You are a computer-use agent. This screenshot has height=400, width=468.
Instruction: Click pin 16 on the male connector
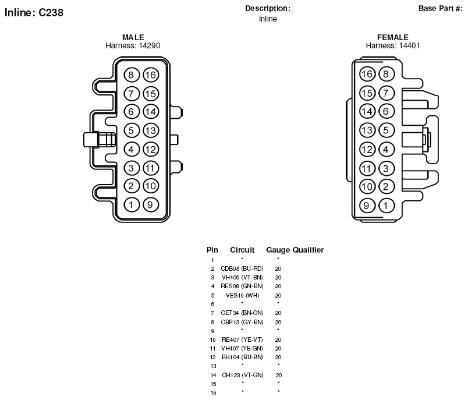pyautogui.click(x=151, y=75)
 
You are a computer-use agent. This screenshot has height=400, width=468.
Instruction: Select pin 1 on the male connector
pyautogui.click(x=132, y=205)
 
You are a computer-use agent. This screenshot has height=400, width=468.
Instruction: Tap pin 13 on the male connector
pyautogui.click(x=151, y=130)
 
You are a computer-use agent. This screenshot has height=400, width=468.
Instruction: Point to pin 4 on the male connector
pyautogui.click(x=132, y=149)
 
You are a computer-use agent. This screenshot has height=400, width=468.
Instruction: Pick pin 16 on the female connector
pyautogui.click(x=367, y=74)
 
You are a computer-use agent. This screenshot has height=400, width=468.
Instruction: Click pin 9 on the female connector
pyautogui.click(x=367, y=206)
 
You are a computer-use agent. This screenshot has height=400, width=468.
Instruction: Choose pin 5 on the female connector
pyautogui.click(x=387, y=130)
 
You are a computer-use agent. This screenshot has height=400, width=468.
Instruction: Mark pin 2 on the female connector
pyautogui.click(x=387, y=187)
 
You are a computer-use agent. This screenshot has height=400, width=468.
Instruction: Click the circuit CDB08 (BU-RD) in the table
pyautogui.click(x=242, y=268)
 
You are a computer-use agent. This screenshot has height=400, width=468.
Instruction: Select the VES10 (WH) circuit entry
pyautogui.click(x=242, y=295)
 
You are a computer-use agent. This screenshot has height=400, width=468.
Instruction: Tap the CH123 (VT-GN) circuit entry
pyautogui.click(x=243, y=375)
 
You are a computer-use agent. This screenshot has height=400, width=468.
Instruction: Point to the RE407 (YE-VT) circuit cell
pyautogui.click(x=242, y=339)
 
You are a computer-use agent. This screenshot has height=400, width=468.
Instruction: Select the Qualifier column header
pyautogui.click(x=308, y=250)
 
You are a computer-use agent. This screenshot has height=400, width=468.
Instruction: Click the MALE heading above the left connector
pyautogui.click(x=133, y=37)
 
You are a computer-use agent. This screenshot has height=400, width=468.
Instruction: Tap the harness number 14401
pyautogui.click(x=410, y=45)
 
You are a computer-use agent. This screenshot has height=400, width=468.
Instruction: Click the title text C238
pyautogui.click(x=51, y=13)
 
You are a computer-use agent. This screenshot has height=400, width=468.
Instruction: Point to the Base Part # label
pyautogui.click(x=441, y=8)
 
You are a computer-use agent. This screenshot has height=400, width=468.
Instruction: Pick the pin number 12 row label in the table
pyautogui.click(x=213, y=357)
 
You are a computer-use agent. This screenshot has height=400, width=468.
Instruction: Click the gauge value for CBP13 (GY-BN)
pyautogui.click(x=278, y=322)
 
